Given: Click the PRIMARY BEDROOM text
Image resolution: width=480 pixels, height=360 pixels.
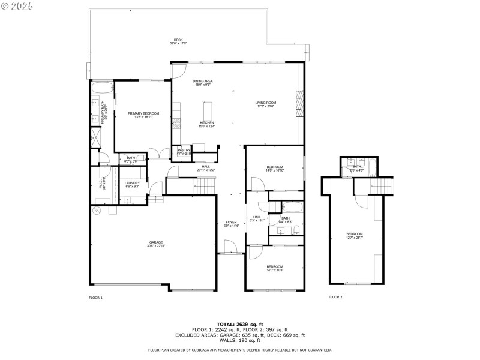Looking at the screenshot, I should tap(143, 115).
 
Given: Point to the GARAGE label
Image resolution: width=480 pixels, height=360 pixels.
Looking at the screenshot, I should tap(156, 244).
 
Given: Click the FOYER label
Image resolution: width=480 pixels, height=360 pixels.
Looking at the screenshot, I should tap(231, 224).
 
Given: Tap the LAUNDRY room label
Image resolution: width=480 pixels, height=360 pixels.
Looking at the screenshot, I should tap(133, 184).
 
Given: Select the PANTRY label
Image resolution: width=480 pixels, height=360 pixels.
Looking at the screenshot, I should tap(184, 151).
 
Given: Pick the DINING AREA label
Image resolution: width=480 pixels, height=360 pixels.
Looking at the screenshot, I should tap(203, 82).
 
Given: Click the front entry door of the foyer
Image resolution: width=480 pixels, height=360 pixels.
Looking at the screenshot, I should tap(229, 247).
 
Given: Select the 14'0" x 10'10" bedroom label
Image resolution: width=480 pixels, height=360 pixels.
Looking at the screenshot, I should tap(275, 169).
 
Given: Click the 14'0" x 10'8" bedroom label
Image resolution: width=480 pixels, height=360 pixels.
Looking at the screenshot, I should tap(275, 268).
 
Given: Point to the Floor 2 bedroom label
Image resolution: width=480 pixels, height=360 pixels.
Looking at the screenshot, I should tap(355, 236).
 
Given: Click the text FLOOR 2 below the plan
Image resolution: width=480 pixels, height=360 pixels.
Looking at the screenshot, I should tap(335, 297).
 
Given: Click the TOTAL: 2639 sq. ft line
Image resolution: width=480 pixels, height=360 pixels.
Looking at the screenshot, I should tap(239, 324).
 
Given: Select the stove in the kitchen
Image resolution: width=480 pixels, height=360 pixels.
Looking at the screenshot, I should tap(176, 124).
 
